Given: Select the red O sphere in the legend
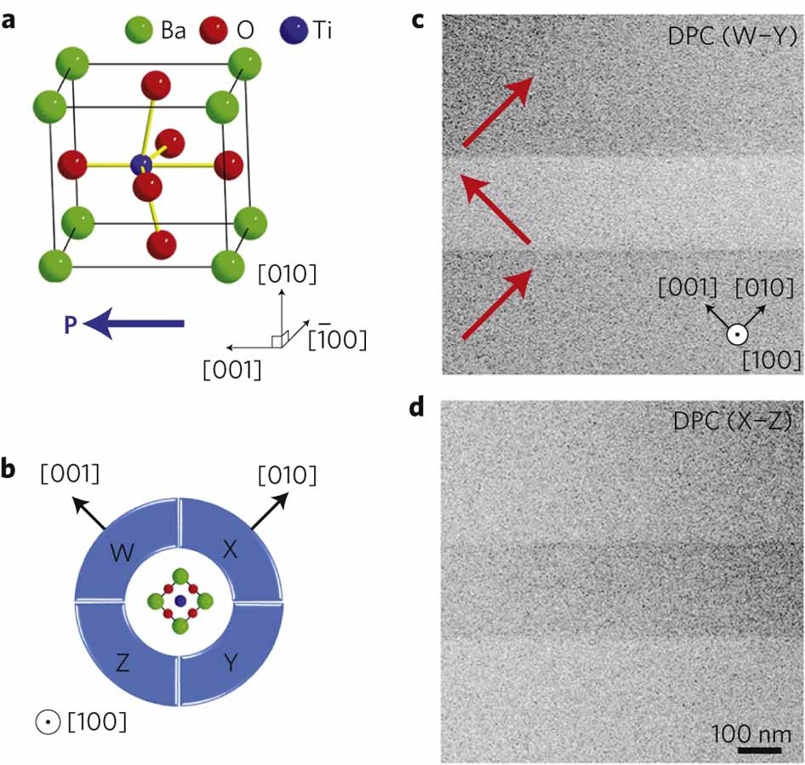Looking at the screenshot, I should click(214, 32).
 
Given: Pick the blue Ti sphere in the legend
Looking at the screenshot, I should click(291, 32).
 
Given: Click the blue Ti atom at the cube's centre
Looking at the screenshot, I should click(142, 164).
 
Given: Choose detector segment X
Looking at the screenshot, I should click(230, 551).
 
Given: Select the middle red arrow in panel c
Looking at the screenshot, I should click(494, 209).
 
